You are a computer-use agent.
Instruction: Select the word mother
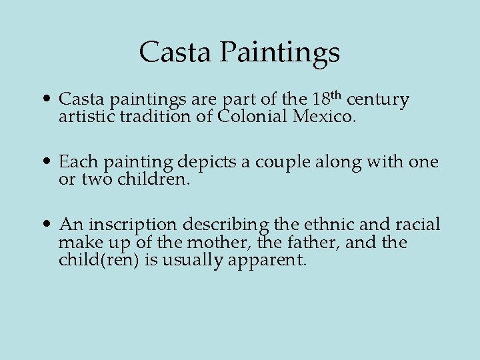tap(224, 242)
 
